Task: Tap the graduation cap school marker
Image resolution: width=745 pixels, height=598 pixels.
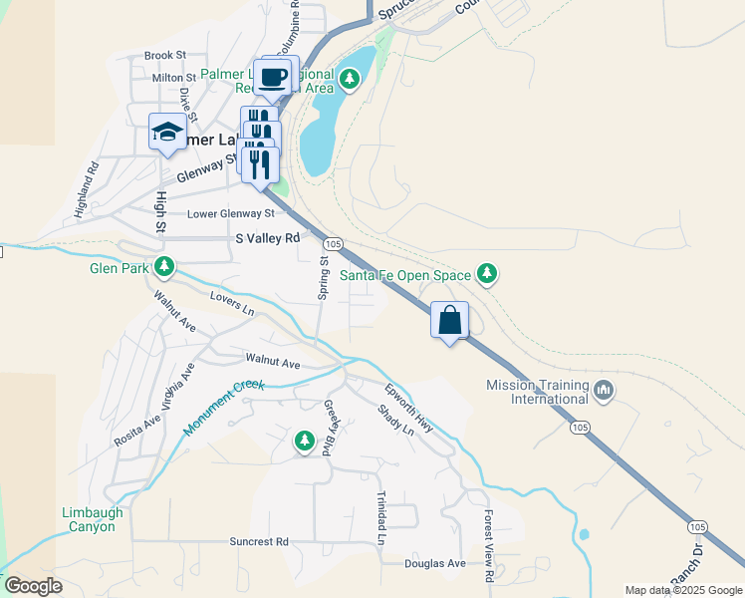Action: point(167,132)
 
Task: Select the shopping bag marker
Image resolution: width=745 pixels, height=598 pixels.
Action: point(450,321)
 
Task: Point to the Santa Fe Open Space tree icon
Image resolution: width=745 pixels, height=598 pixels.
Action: point(486,272)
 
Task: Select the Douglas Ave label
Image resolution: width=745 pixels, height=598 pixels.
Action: point(435,563)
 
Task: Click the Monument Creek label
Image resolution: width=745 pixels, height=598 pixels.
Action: point(224,408)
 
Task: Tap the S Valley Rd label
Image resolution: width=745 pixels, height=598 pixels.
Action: point(267,239)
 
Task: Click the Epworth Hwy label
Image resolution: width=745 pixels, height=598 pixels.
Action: point(410,408)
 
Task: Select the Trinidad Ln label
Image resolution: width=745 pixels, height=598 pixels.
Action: point(380,517)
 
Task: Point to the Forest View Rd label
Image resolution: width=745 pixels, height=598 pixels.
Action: point(490,547)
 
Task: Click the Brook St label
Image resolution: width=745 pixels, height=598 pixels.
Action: point(165,56)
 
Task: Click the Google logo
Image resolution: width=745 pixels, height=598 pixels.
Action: point(33,586)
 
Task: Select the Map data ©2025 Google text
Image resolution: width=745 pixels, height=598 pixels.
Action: point(682,590)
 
